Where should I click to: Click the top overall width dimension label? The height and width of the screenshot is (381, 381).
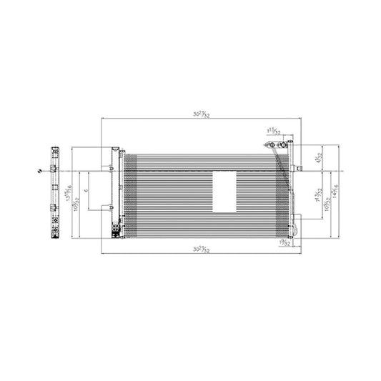click(x=205, y=112)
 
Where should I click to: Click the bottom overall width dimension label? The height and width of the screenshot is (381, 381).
click(x=205, y=249)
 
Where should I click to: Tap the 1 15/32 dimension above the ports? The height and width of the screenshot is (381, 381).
click(x=272, y=131)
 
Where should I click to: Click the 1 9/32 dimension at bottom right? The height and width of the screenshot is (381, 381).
click(x=285, y=243)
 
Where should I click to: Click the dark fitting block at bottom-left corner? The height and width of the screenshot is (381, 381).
click(x=114, y=229)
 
